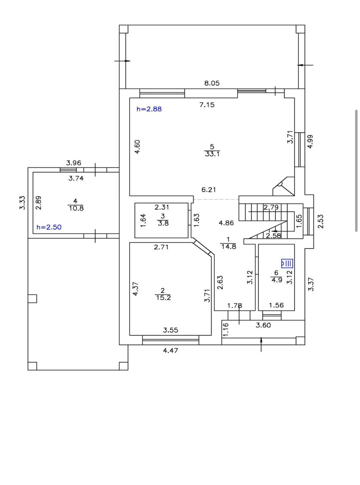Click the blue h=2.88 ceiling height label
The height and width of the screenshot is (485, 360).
(x=149, y=109)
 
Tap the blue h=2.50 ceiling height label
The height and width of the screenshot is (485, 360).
(x=49, y=227)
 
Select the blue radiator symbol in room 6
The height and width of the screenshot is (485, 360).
(x=287, y=263)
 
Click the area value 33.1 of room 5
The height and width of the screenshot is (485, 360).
(x=212, y=154)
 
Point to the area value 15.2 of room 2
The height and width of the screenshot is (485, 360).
(x=163, y=297)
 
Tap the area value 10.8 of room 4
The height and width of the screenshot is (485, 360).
(x=76, y=208)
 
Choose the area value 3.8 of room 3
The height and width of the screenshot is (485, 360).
(x=163, y=223)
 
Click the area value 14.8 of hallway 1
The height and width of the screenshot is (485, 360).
(x=229, y=247)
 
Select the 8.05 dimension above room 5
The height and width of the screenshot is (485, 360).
(x=212, y=83)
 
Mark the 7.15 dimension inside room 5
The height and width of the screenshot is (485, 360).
(x=207, y=105)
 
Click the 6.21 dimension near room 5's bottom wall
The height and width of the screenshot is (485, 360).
(x=209, y=189)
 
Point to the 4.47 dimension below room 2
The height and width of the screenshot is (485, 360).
(x=171, y=350)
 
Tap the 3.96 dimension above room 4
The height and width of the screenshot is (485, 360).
(x=74, y=163)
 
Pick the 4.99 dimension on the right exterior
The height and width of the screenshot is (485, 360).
(x=310, y=141)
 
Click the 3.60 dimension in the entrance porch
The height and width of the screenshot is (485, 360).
(x=263, y=325)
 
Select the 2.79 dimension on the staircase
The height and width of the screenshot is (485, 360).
(x=271, y=207)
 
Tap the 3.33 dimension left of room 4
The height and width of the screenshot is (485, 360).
(x=23, y=202)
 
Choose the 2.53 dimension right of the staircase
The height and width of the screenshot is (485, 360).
(x=321, y=222)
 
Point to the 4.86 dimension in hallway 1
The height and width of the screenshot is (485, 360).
(x=226, y=223)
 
